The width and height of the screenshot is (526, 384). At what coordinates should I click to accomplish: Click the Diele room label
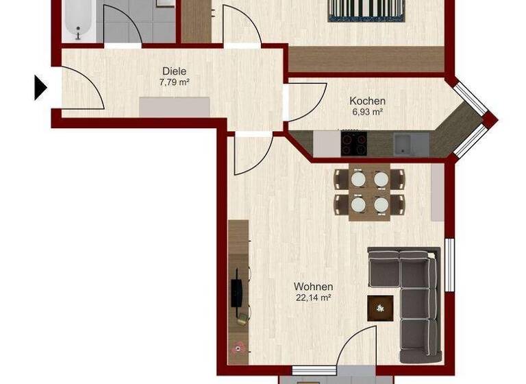point(175,71)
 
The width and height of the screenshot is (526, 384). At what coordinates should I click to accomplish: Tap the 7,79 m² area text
point(174,82)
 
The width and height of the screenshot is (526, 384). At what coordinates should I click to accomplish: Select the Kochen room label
point(367,101)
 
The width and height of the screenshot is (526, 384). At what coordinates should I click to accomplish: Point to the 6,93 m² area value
point(366,112)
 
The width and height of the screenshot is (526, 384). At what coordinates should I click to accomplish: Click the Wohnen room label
point(313,287)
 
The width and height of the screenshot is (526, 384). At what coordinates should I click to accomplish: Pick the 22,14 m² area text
point(313,298)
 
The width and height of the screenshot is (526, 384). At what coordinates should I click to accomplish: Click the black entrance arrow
point(40,88)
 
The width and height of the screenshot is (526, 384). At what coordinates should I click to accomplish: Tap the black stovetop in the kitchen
point(354,144)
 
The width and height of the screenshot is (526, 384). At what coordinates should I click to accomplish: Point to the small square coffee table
point(380,308)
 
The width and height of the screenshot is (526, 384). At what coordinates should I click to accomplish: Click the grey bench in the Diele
point(175,107)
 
